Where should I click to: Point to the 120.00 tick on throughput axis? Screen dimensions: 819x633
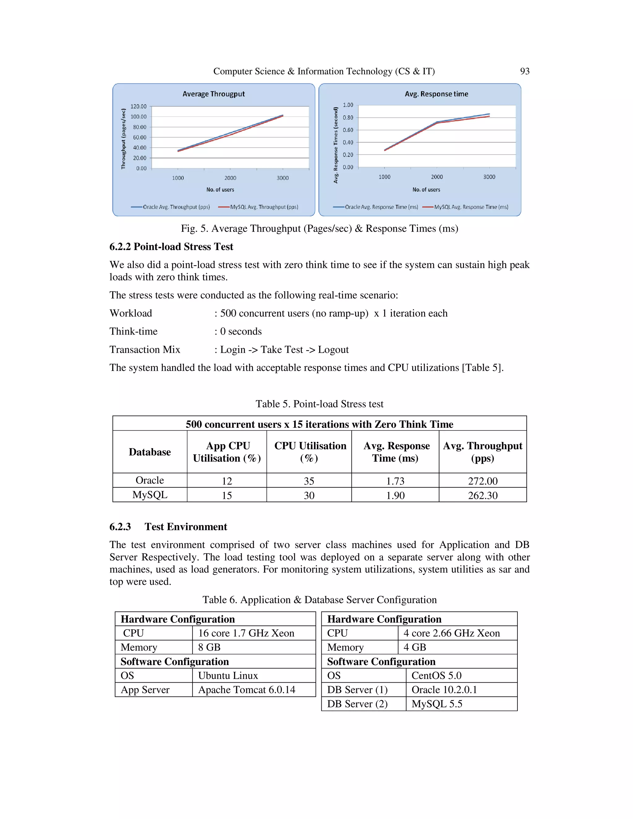coord(138,107)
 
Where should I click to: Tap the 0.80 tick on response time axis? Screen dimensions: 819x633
coord(348,118)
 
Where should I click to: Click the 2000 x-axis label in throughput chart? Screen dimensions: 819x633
coord(230,178)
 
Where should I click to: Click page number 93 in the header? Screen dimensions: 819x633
coord(524,71)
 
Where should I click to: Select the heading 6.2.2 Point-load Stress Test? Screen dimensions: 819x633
coord(171,247)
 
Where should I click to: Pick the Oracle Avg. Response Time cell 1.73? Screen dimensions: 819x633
coord(395,481)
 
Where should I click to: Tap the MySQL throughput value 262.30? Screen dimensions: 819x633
coord(482,495)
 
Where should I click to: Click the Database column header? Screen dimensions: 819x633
coord(150,452)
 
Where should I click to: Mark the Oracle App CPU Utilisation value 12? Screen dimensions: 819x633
coord(227,481)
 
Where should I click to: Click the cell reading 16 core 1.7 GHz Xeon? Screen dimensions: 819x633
coord(246,633)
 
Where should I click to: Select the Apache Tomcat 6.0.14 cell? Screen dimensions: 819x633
coord(246,690)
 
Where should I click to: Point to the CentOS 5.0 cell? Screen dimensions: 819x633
coord(436,676)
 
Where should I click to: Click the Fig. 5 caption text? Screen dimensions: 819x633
coord(319,228)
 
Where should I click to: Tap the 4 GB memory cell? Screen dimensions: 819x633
coord(414,647)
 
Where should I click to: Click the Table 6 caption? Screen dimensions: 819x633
coord(319,600)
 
